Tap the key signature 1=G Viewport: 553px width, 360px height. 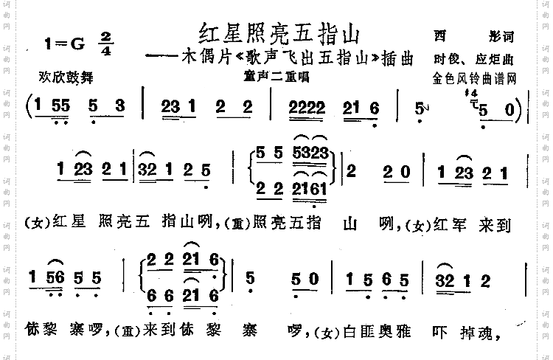click(x=66, y=44)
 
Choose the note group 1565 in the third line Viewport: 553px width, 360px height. click(x=391, y=280)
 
